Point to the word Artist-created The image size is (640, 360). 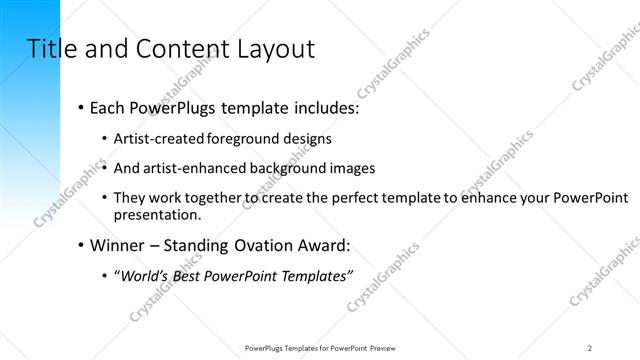coord(164,139)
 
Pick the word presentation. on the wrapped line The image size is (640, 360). coord(159,214)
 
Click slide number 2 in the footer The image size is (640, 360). coord(590,347)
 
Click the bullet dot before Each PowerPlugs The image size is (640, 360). coord(80,108)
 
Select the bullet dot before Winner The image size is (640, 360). coord(80,246)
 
